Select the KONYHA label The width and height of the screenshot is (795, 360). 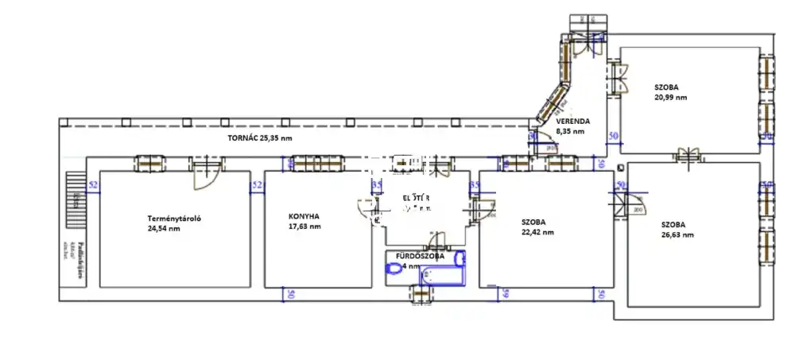coord(304,216)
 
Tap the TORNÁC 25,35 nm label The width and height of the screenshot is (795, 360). coord(260,138)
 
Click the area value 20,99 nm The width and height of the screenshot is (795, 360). coord(670,97)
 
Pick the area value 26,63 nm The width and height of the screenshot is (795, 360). coord(677,235)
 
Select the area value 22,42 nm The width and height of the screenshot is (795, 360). coord(537,233)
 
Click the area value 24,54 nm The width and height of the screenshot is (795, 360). coord(164,230)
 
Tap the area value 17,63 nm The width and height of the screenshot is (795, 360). coord(304,226)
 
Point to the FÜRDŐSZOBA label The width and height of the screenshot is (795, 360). coord(421,257)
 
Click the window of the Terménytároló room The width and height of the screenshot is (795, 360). coord(149,164)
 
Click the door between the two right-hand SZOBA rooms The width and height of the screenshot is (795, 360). coord(686,153)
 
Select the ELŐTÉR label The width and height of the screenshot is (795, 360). coord(417,198)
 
